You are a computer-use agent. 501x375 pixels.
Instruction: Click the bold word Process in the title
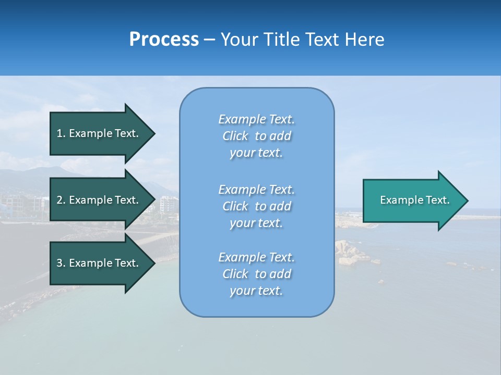coord(164,40)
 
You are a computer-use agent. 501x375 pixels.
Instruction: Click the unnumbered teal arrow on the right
coord(412,200)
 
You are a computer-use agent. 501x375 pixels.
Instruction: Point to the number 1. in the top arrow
coord(61,133)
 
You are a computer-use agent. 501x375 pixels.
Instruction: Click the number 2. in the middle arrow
coord(61,200)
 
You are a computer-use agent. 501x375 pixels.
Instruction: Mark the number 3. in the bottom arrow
coord(61,263)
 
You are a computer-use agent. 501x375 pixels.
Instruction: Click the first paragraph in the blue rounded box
coord(256,136)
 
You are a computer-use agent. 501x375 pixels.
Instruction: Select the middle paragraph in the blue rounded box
coord(256,206)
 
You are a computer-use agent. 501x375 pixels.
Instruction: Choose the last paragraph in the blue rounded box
coord(256,274)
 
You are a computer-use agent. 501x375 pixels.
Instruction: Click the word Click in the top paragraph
coord(235,136)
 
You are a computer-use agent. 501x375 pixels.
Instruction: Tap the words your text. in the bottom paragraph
coord(256,291)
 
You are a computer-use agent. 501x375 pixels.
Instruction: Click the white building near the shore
coord(168,204)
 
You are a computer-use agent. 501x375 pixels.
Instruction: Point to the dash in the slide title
coord(210,40)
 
